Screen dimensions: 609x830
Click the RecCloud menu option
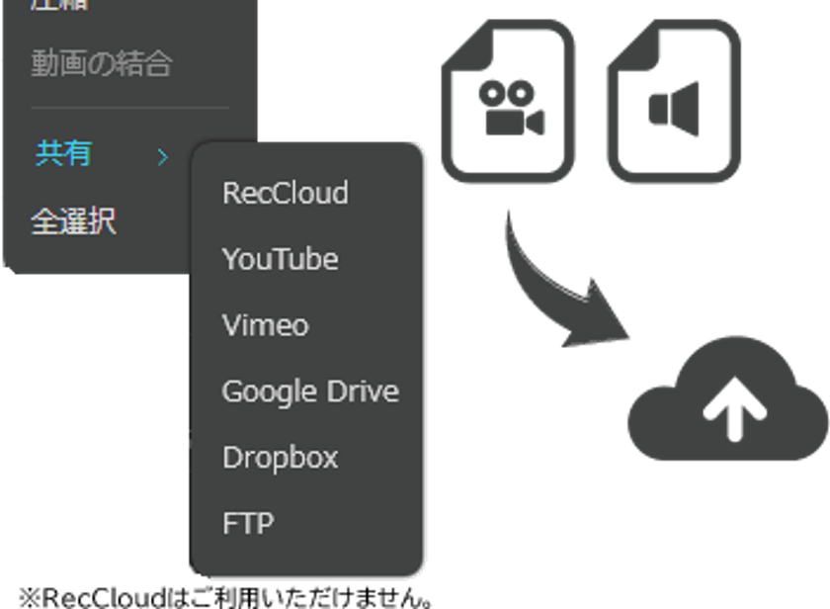click(285, 193)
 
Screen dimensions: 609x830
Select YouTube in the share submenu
click(280, 259)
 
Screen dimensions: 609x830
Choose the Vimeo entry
click(265, 325)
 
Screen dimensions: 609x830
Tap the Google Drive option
click(309, 391)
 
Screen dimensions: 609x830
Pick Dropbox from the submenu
click(280, 458)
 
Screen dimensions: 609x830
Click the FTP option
click(247, 523)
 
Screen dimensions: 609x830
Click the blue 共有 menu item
click(64, 154)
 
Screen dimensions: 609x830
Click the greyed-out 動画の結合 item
click(101, 65)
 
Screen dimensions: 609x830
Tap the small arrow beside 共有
click(163, 156)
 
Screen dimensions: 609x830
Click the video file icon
click(508, 102)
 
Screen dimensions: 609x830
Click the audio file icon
click(673, 102)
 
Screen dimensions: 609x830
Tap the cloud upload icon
click(728, 400)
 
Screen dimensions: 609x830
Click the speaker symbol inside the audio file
click(675, 109)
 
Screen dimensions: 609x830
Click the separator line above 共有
click(129, 108)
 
